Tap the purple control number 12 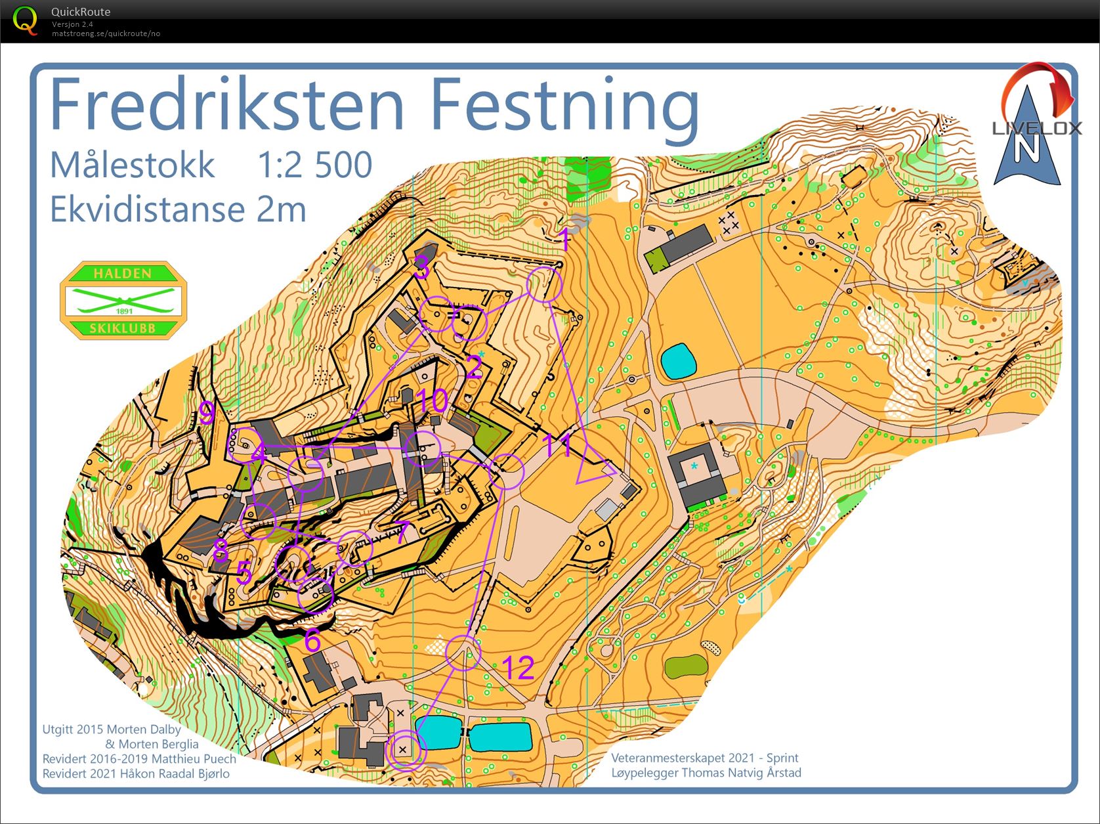click(x=518, y=668)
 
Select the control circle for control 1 click(x=544, y=285)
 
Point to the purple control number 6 click(x=312, y=640)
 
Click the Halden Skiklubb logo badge click(x=123, y=300)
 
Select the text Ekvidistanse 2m click(x=178, y=209)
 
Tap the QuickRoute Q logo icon click(x=25, y=20)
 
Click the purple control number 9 click(x=207, y=414)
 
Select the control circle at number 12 click(x=463, y=653)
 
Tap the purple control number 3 click(x=421, y=268)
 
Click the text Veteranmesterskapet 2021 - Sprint click(x=705, y=758)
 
